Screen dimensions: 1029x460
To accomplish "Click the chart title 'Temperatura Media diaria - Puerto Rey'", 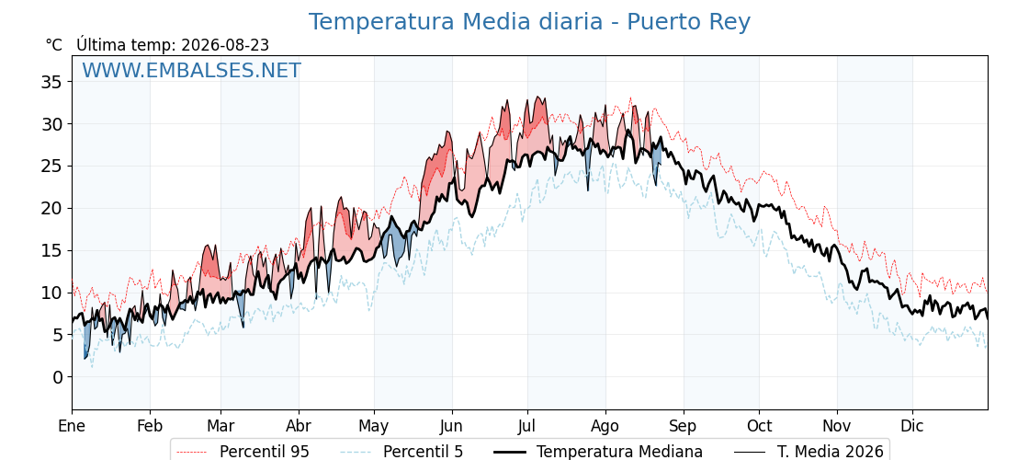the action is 529,22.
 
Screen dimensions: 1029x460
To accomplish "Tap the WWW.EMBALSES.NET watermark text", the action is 192,70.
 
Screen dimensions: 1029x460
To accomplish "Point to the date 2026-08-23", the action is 225,45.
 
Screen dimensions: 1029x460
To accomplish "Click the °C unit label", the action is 54,45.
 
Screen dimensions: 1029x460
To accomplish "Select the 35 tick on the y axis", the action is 51,82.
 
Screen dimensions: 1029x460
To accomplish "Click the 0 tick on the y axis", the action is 57,377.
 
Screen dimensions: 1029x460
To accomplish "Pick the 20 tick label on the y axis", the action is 51,208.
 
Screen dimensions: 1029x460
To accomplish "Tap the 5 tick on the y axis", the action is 57,335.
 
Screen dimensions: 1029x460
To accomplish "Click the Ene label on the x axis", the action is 72,427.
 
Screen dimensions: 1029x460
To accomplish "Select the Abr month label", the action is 299,427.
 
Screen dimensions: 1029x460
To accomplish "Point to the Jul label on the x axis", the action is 527,427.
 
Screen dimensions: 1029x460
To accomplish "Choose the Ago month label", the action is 605,427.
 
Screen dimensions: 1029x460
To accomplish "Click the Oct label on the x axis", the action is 759,427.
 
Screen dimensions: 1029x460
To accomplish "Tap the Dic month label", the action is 912,427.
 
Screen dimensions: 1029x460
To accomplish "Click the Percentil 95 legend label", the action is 265,452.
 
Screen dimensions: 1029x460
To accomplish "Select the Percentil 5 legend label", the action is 423,452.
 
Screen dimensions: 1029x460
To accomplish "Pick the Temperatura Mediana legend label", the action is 619,452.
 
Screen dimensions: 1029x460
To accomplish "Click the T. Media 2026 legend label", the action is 831,452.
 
